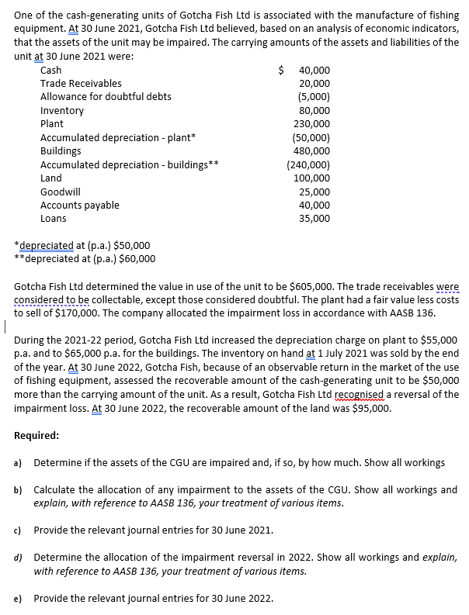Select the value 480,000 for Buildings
tap(314, 150)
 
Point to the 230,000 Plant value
tap(314, 123)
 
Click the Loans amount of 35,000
tap(316, 219)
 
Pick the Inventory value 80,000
tap(316, 110)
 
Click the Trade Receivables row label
tap(81, 83)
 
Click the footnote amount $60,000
tap(136, 258)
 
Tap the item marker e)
tap(18, 599)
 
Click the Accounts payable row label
tap(79, 205)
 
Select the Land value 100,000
tap(314, 178)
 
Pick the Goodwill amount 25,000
tap(316, 192)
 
